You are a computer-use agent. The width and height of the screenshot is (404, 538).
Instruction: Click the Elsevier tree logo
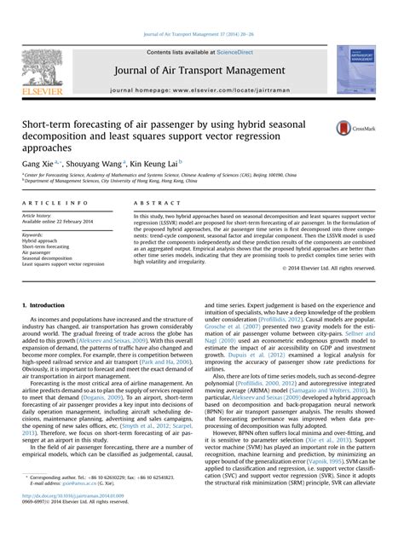coord(43,67)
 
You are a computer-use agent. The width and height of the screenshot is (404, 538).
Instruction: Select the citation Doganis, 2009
coord(100,396)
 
